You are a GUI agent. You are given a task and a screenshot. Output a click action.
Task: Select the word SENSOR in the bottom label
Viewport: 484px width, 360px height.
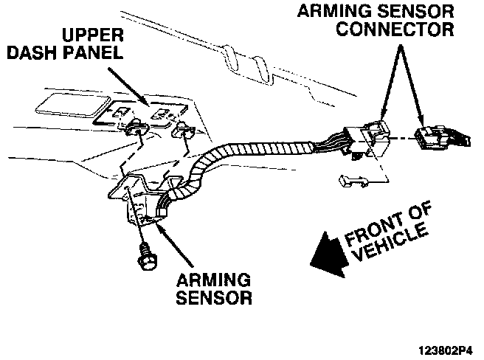[x=217, y=299]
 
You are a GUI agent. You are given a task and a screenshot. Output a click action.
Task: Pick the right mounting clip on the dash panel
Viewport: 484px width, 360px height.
[x=182, y=133]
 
